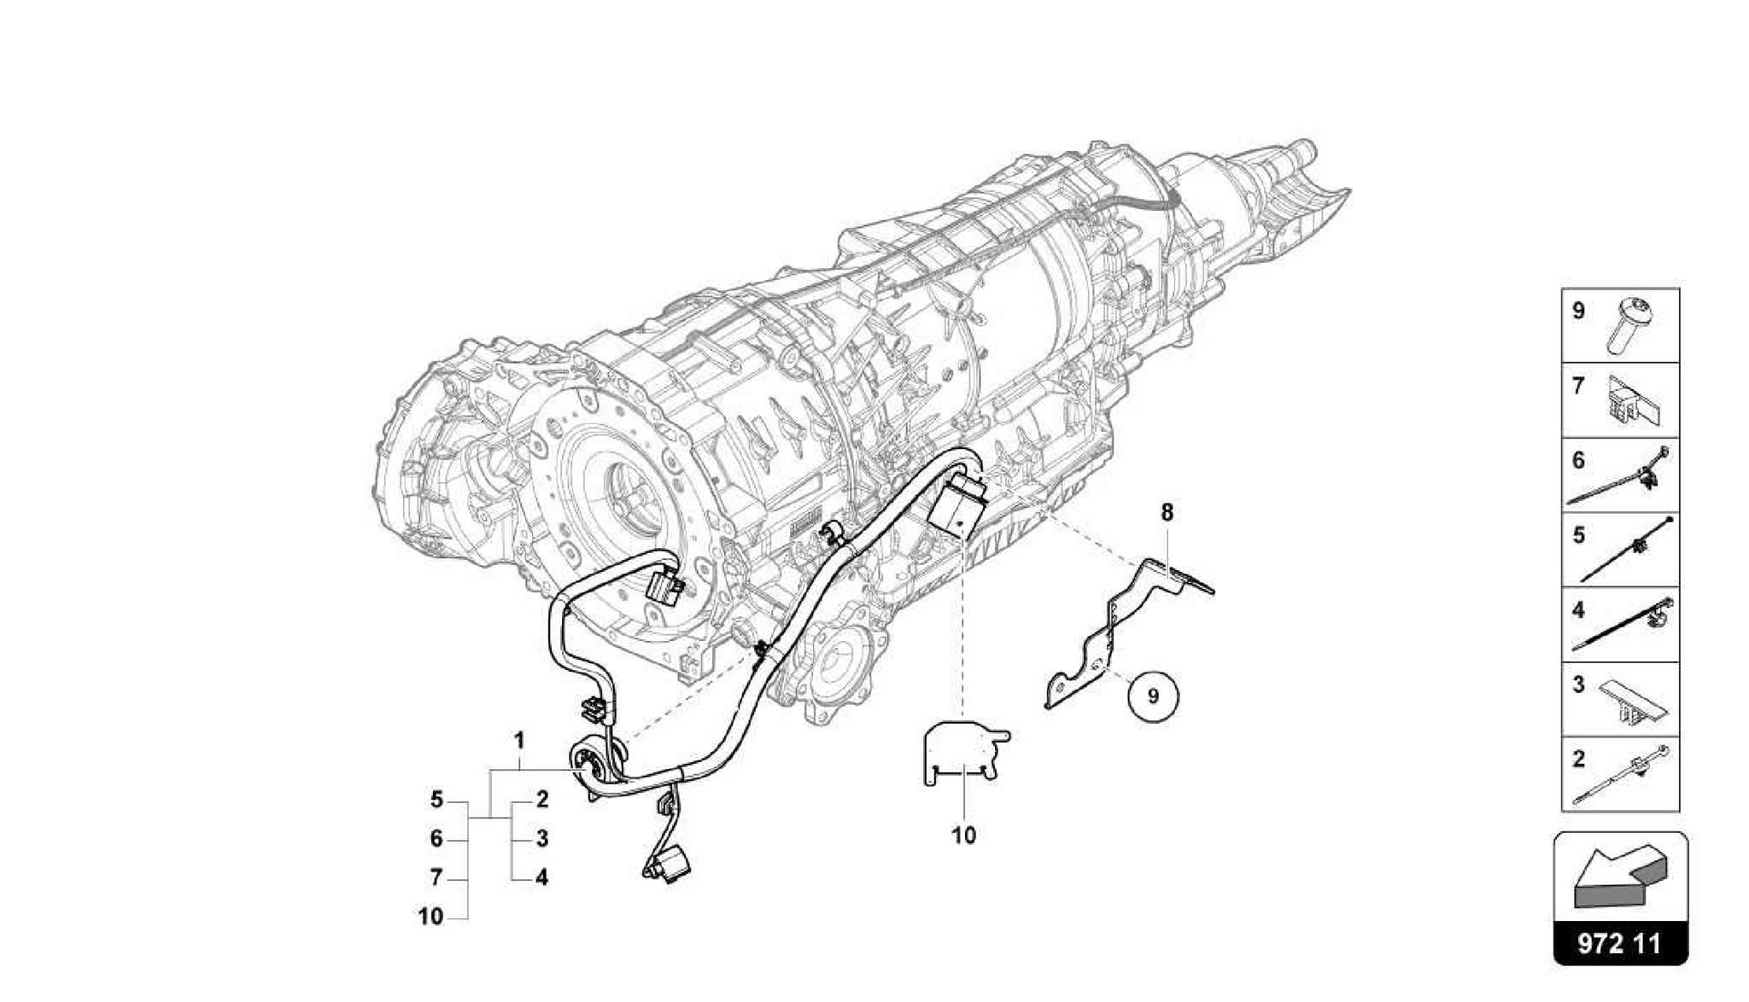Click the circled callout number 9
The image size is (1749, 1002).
point(1152,696)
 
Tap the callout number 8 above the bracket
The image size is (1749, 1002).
point(1167,512)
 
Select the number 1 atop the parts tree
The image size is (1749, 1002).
point(518,740)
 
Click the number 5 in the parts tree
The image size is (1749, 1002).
point(436,800)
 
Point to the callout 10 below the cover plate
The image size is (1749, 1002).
point(962,836)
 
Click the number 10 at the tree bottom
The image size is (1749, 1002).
point(431,917)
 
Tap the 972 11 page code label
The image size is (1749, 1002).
point(1620,943)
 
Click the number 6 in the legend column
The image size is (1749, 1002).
point(1578,460)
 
